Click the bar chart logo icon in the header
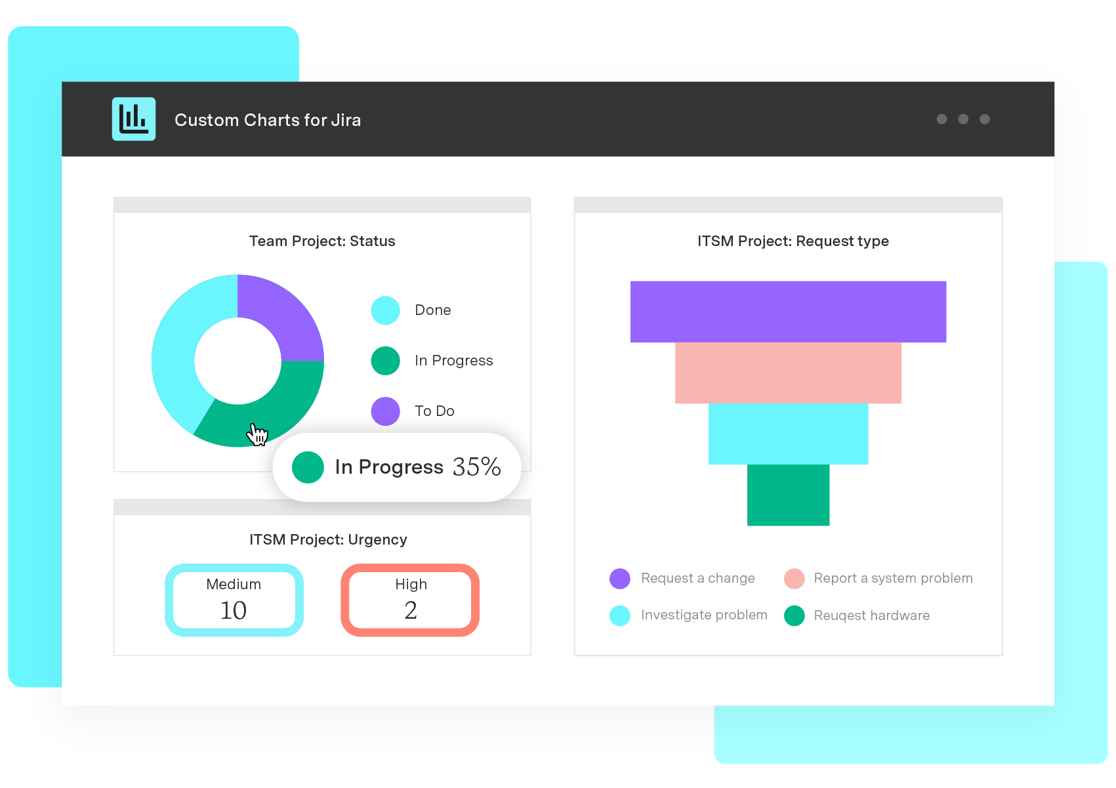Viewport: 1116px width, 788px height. tap(134, 119)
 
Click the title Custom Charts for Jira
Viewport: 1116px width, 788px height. tap(267, 120)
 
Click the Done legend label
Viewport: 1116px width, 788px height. tap(432, 310)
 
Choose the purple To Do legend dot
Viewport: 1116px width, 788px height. tap(386, 411)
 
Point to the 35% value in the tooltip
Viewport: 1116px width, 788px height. tap(476, 467)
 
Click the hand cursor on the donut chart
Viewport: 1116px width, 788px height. tap(257, 434)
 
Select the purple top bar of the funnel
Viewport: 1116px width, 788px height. tap(788, 312)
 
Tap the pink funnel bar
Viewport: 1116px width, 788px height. tap(788, 373)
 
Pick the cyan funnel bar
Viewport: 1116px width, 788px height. tap(788, 434)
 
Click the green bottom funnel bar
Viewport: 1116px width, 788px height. tap(788, 495)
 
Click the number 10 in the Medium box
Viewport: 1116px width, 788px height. tap(234, 611)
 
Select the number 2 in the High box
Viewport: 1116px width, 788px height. tap(411, 611)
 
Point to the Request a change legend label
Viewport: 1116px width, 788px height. tap(697, 579)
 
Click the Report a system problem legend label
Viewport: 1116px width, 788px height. tap(893, 579)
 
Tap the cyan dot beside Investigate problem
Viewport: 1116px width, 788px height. tap(620, 615)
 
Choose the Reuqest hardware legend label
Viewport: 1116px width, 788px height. tap(871, 615)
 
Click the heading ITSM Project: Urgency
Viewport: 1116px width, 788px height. tap(328, 540)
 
